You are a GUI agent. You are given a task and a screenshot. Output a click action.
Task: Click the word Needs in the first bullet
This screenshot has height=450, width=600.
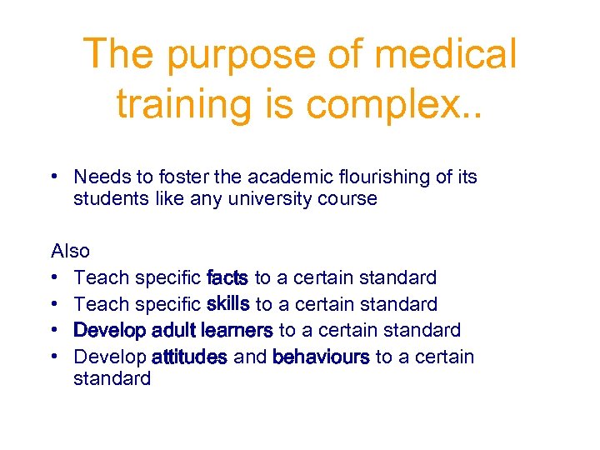click(99, 177)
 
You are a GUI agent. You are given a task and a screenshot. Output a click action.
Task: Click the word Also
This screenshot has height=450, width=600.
click(71, 251)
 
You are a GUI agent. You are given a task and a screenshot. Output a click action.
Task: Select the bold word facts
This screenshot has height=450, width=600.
click(227, 277)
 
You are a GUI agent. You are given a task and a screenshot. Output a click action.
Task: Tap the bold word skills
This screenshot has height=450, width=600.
click(228, 303)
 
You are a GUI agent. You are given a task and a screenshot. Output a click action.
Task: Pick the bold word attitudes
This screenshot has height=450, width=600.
click(189, 357)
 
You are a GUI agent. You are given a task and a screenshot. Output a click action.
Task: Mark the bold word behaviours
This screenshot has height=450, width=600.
click(321, 357)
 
